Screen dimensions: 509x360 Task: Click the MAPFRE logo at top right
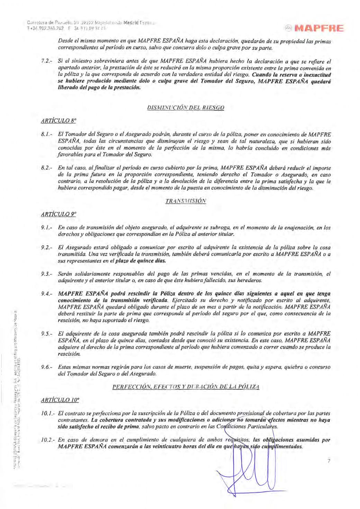[x=314, y=28]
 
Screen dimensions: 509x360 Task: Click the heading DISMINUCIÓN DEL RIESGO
[x=186, y=108]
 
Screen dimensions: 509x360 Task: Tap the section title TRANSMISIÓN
[x=186, y=201]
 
